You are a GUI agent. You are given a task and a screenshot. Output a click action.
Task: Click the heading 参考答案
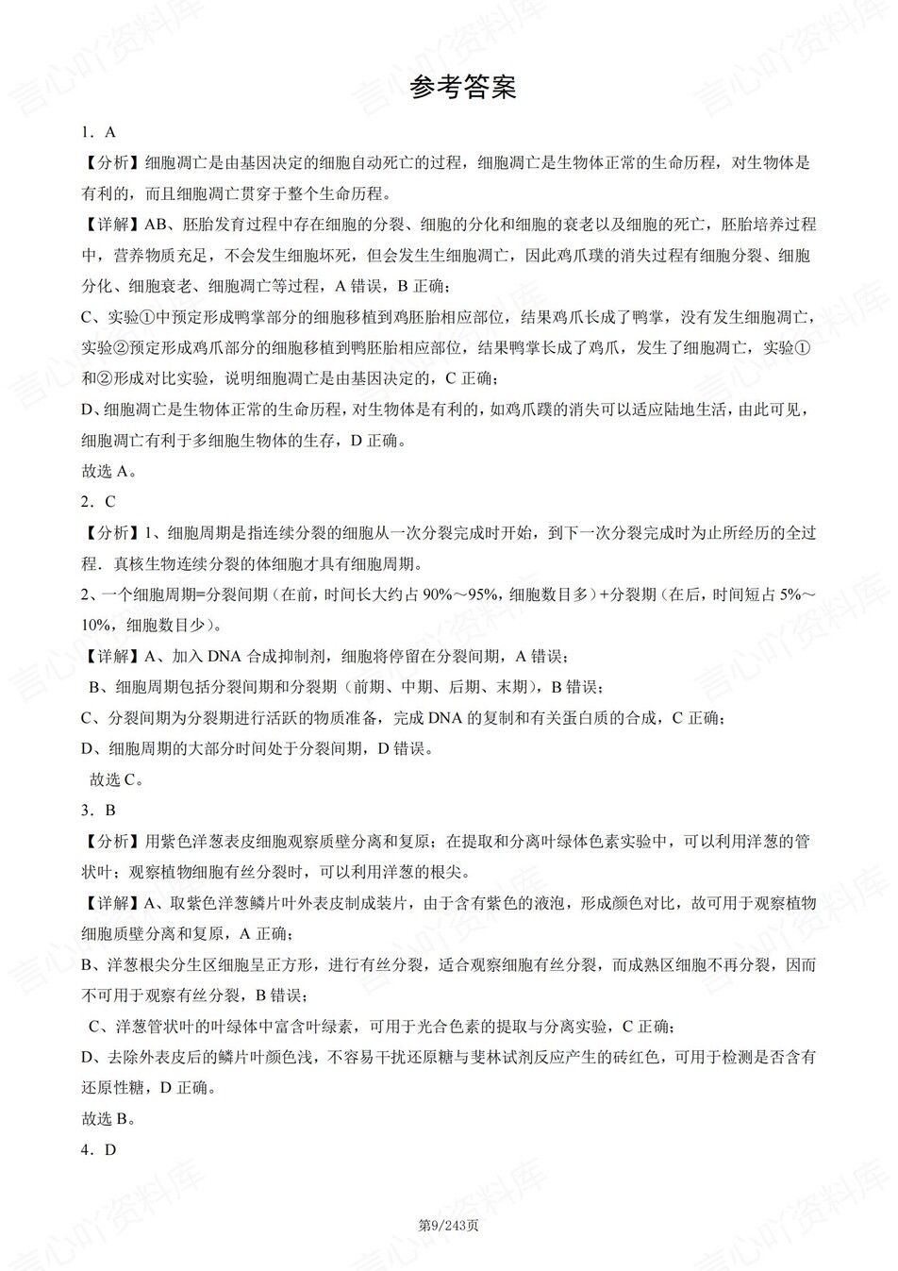point(463,88)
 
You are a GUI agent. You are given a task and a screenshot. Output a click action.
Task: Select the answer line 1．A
point(98,132)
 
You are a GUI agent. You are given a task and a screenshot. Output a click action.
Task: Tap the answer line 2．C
point(98,502)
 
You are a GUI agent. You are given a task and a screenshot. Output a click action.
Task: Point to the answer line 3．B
point(98,810)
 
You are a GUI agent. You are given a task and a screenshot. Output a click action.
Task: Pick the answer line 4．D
point(98,1149)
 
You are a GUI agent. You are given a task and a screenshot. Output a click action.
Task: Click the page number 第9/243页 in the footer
point(449,1226)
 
